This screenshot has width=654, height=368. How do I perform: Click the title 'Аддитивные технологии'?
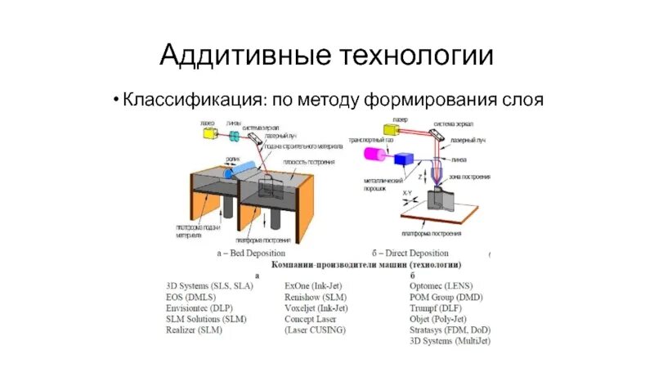click(327, 55)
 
